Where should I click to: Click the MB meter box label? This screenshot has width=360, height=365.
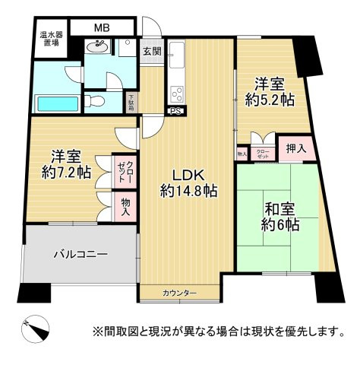(102, 29)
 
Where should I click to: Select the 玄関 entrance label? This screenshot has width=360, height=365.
(151, 52)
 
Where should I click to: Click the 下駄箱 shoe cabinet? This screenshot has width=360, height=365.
(131, 103)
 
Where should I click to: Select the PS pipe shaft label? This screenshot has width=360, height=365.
(175, 111)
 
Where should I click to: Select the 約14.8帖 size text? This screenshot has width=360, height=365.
(188, 191)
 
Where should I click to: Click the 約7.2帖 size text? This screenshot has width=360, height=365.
(66, 172)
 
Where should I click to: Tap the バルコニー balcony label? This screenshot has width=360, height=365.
(80, 255)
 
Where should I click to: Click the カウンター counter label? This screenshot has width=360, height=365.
(179, 294)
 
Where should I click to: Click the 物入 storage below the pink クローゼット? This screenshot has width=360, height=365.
(125, 206)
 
